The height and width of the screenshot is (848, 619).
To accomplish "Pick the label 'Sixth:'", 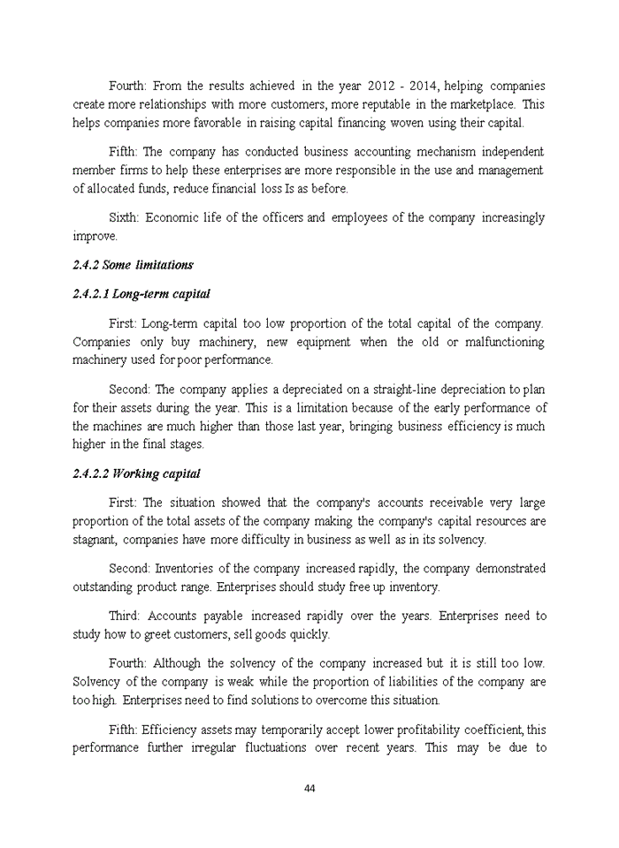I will coord(124,217).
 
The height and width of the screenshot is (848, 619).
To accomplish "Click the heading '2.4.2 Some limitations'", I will coord(133,265).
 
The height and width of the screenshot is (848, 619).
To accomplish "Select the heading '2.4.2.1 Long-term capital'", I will coord(141,293).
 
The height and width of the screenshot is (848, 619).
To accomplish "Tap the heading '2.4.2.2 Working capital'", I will coord(136,474).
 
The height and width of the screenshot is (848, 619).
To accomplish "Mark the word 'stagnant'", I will coord(96,540).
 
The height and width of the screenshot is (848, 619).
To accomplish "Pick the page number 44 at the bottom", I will coord(309,789).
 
